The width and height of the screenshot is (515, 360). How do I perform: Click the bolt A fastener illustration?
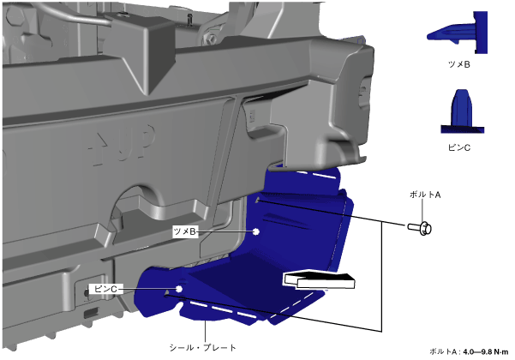coord(421,228)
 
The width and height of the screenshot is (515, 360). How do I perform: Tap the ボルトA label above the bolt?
coord(425,195)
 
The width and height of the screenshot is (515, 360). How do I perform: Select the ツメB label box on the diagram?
coord(185,231)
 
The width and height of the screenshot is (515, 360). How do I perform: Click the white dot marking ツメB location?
coord(256,231)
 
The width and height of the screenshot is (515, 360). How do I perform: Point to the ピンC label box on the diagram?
coord(105,289)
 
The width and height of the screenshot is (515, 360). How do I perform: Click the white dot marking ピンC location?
coord(179,289)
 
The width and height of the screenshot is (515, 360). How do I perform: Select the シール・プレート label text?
coord(202,347)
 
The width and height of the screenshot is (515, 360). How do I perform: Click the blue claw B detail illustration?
coord(458,33)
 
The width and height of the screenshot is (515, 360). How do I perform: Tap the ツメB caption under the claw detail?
coord(459,64)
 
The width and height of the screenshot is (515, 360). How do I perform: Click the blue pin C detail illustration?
coord(462,111)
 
